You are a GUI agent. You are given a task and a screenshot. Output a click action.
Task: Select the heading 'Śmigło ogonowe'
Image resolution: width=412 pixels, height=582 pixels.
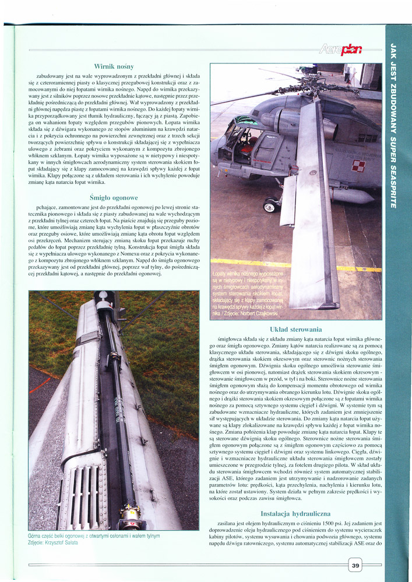point(114,197)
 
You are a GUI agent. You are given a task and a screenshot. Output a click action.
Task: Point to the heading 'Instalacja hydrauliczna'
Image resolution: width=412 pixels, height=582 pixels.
point(295,514)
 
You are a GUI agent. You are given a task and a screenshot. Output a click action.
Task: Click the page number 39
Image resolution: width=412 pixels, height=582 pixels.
point(355,565)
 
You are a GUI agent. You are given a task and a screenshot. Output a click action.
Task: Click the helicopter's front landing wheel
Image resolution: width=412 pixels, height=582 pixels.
point(270,205)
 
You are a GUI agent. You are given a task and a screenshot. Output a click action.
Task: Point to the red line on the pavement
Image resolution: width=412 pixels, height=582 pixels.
point(41,384)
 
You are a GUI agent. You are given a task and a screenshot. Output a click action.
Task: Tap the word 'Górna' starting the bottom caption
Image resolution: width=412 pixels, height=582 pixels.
point(36,535)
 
